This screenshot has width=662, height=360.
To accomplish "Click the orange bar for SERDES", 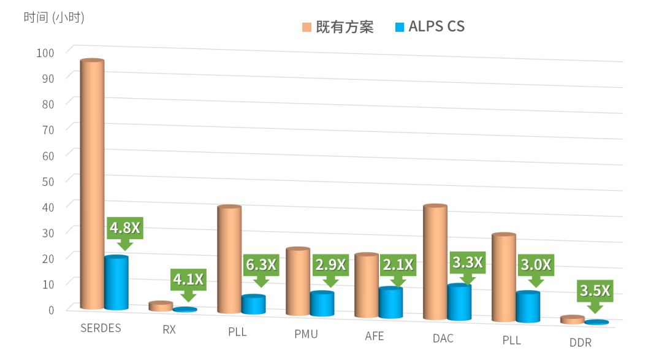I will [92, 184].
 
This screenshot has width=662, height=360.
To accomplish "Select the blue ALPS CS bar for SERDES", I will [116, 283].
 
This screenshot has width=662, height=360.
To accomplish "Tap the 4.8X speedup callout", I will [125, 228].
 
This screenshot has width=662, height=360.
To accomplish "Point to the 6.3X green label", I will [261, 266].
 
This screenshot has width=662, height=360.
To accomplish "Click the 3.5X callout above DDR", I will [595, 291].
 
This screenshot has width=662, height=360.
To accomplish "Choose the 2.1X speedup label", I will [398, 266].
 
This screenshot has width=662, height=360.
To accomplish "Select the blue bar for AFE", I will [391, 303].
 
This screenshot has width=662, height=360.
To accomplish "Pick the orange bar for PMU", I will [298, 282].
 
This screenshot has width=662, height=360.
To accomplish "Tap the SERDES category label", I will [101, 328].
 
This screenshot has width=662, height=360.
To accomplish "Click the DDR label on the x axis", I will [580, 343].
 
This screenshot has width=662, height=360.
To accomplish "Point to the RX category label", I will [169, 330].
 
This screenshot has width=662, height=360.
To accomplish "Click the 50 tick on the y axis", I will [48, 181].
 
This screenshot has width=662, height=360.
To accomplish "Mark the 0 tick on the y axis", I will [51, 309].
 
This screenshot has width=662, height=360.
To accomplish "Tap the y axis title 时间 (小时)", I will [54, 18].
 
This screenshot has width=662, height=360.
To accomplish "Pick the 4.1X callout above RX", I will [188, 280].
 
